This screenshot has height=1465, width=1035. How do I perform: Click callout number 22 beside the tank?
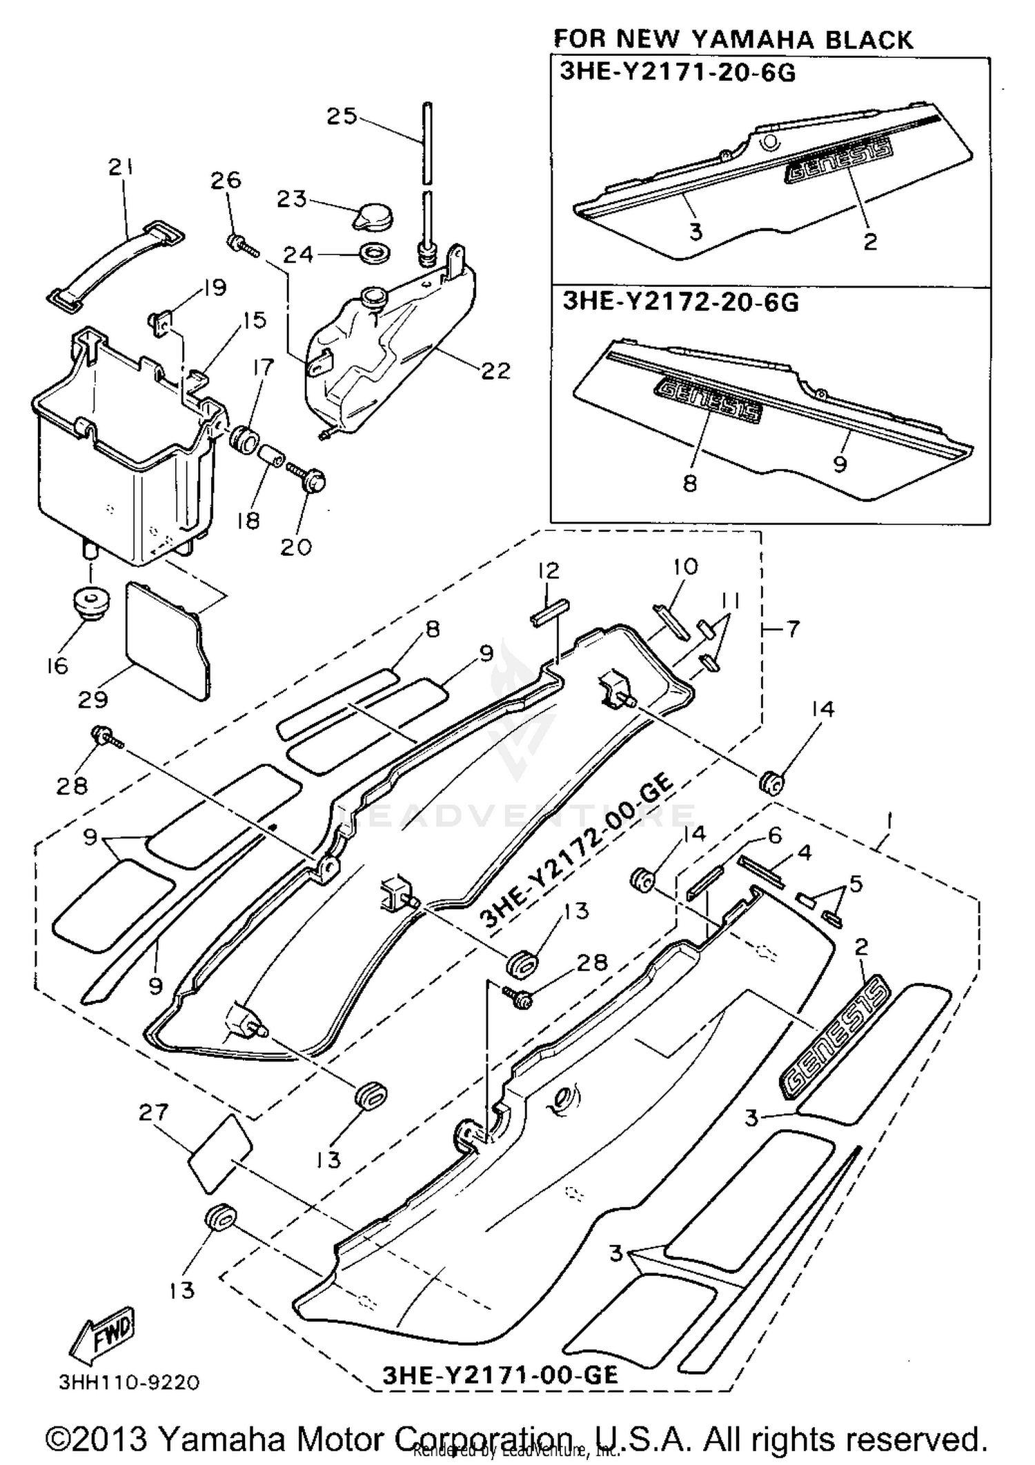click(x=495, y=370)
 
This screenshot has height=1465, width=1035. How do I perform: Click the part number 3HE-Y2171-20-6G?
click(x=677, y=72)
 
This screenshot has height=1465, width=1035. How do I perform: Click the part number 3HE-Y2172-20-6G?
click(x=680, y=302)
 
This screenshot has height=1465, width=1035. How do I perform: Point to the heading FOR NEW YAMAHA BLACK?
click(x=733, y=39)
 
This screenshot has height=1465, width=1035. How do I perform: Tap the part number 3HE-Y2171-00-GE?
click(x=500, y=1375)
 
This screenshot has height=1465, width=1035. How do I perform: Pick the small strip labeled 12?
click(x=550, y=610)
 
